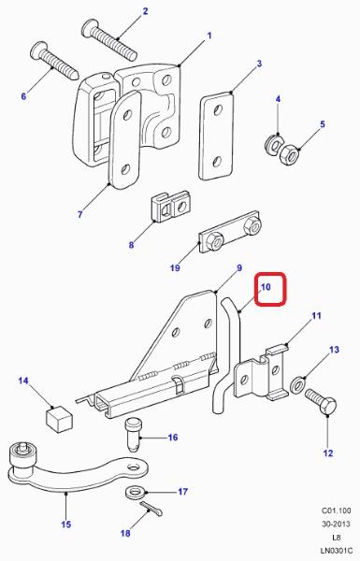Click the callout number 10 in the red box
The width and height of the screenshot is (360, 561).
(266, 287)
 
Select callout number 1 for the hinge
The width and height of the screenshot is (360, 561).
(209, 36)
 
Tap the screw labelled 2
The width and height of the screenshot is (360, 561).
(109, 40)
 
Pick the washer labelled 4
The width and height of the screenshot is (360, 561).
(274, 145)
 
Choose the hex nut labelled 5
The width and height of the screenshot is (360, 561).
(290, 154)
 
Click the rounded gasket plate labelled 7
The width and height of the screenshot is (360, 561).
(124, 140)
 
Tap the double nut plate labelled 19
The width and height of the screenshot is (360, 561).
(229, 232)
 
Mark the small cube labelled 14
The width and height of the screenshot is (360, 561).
(58, 418)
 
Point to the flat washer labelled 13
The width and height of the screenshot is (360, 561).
(297, 385)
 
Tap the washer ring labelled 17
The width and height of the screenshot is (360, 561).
(136, 493)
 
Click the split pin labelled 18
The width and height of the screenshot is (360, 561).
(151, 508)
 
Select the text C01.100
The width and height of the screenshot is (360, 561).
(336, 511)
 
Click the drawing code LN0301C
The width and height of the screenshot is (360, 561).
(336, 552)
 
